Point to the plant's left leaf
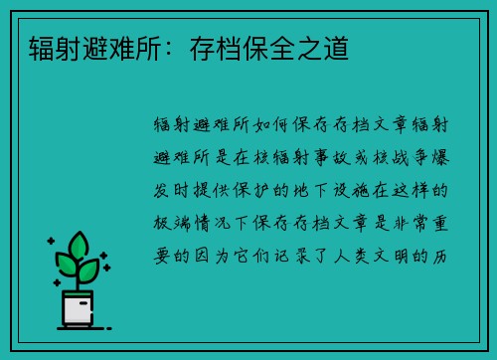65,266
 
